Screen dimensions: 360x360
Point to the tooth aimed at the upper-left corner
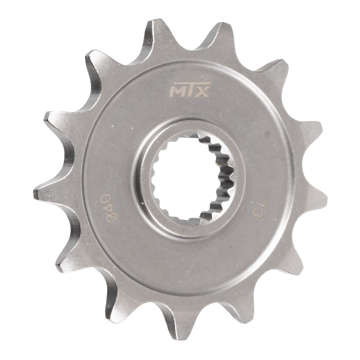point(90,60)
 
